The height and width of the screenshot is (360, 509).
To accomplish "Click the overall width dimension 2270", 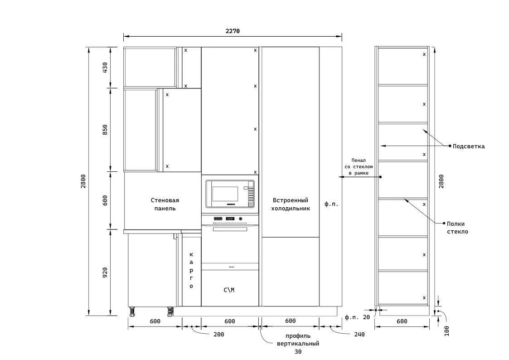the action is (233, 31).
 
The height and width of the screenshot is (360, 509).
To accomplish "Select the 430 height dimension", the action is (105, 68).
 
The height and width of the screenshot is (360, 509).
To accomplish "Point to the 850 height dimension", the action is (105, 130).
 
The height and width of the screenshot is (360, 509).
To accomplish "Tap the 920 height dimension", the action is (105, 272).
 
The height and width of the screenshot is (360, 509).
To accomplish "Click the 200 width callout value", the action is (219, 334).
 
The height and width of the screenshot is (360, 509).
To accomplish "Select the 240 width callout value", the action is (359, 334).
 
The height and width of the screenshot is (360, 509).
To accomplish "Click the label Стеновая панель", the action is (165, 204).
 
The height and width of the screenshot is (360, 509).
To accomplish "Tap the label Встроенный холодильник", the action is (291, 204).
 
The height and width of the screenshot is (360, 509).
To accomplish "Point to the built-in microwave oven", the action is (230, 194).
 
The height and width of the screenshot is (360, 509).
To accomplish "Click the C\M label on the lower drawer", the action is (229, 290).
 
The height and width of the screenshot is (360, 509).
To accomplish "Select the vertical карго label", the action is (191, 270).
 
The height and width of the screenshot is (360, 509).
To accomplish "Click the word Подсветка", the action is (468, 146).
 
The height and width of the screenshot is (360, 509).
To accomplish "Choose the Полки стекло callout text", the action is (457, 228).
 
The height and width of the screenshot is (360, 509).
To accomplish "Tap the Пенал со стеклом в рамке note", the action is (359, 166).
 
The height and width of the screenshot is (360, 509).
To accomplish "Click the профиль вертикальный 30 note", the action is (298, 343).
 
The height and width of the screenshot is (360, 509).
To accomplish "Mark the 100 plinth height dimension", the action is (446, 331).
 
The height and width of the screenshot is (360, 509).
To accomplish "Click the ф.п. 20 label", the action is (357, 317).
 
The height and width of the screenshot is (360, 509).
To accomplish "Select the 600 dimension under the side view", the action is (402, 321).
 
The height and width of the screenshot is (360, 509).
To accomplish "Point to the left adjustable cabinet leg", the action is (132, 311).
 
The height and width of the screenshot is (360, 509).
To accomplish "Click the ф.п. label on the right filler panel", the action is (331, 204).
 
